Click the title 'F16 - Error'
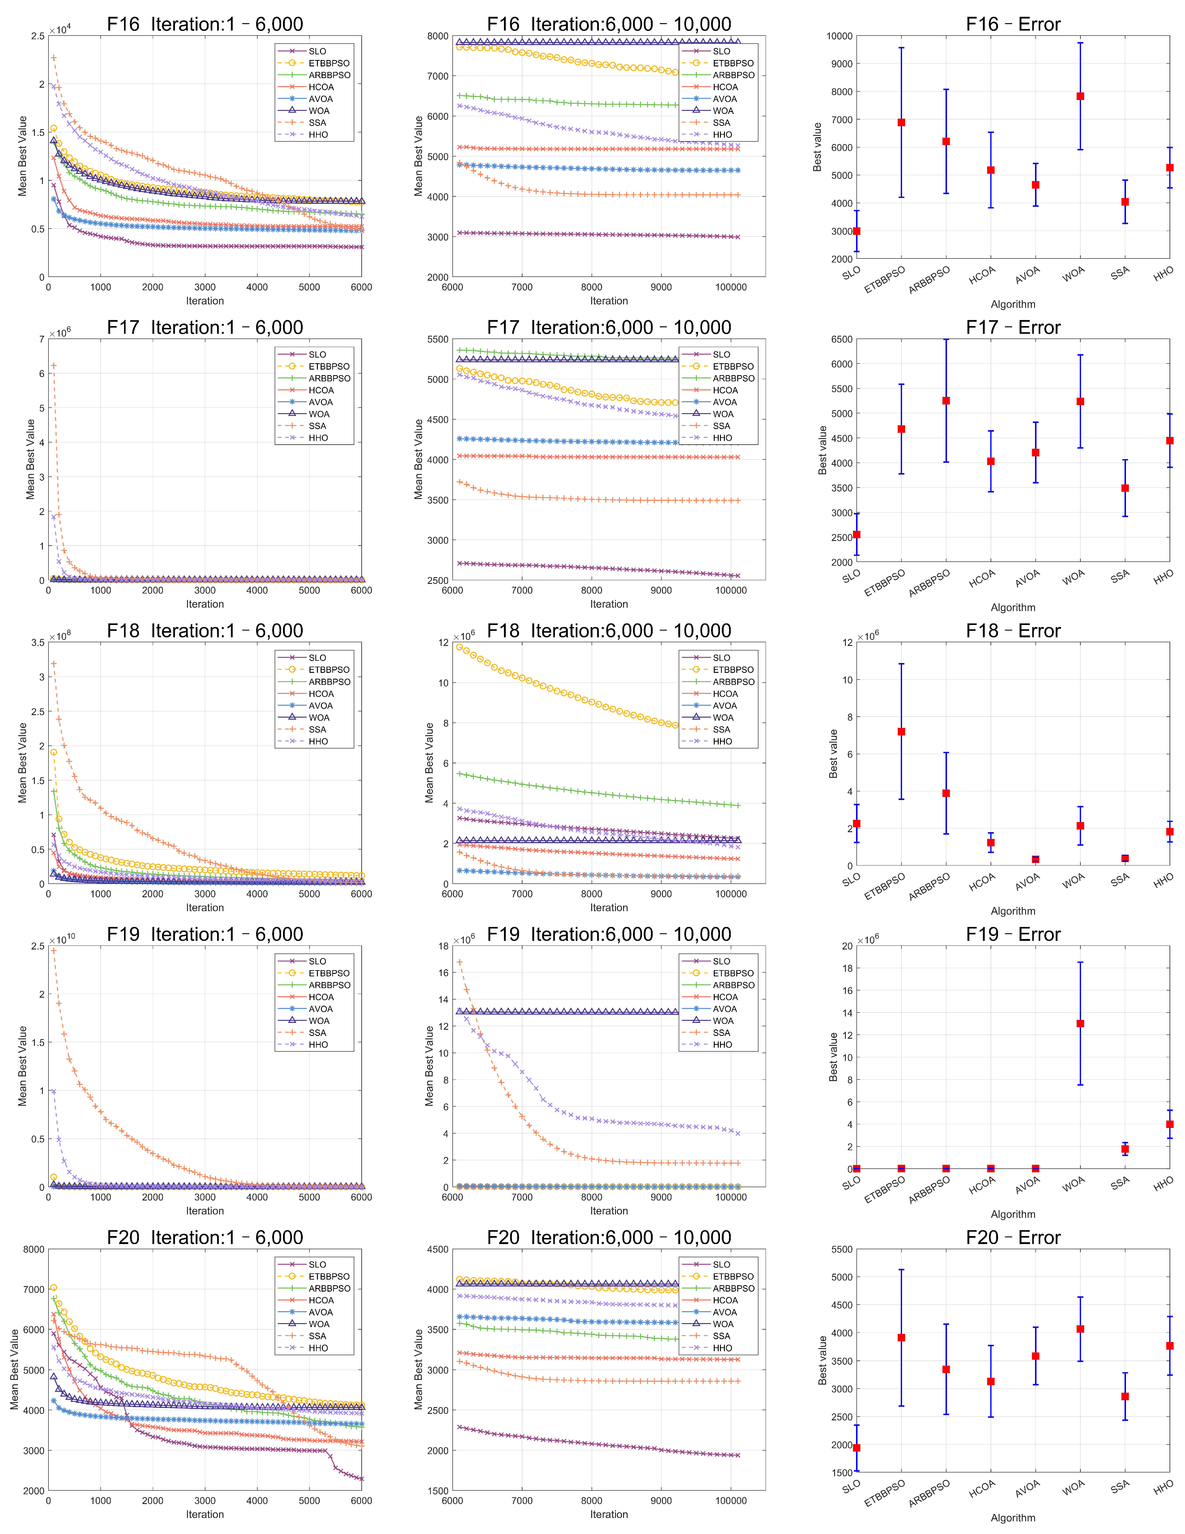click(1013, 25)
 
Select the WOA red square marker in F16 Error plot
click(1080, 96)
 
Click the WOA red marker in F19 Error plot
click(1080, 1023)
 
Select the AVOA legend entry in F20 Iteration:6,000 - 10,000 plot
click(710, 1312)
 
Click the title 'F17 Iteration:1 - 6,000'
click(205, 328)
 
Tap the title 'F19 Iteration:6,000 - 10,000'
click(609, 935)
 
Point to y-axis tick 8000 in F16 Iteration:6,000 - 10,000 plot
click(438, 36)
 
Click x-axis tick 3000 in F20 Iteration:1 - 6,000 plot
click(205, 1500)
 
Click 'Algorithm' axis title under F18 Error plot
click(1013, 911)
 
